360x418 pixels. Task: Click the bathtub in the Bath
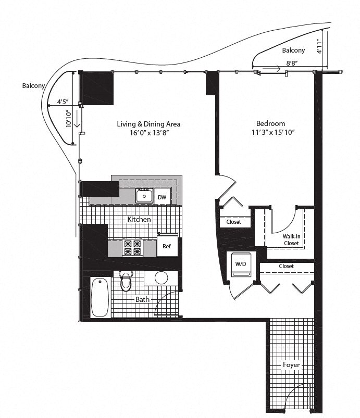click(100, 298)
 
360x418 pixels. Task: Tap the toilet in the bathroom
click(126, 282)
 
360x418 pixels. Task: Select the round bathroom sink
click(162, 277)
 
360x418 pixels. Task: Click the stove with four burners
click(132, 247)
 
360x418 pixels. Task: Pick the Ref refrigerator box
click(167, 247)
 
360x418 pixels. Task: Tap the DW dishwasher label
click(162, 197)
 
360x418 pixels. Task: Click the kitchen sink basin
click(143, 197)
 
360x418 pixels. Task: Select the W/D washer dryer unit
click(240, 263)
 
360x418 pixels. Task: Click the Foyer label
click(291, 365)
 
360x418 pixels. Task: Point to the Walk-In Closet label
click(291, 239)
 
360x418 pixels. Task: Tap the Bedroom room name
click(270, 123)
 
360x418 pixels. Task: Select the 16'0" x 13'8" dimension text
click(148, 133)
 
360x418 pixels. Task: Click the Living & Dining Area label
click(148, 124)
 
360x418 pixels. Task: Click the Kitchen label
click(139, 219)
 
